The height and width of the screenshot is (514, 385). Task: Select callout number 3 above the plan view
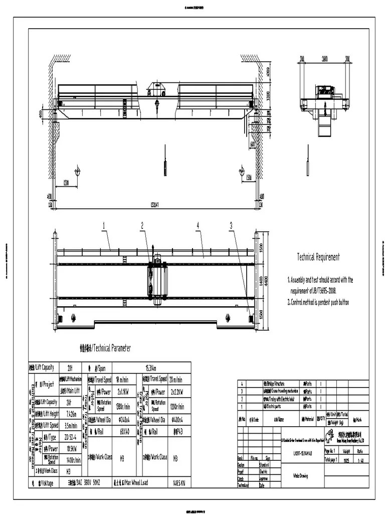231,226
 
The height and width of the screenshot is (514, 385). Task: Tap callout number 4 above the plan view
198,226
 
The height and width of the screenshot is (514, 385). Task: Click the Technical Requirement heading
318,257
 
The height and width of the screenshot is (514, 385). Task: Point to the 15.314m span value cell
151,367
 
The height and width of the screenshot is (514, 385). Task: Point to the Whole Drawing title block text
297,475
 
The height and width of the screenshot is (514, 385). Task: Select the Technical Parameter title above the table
106,348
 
